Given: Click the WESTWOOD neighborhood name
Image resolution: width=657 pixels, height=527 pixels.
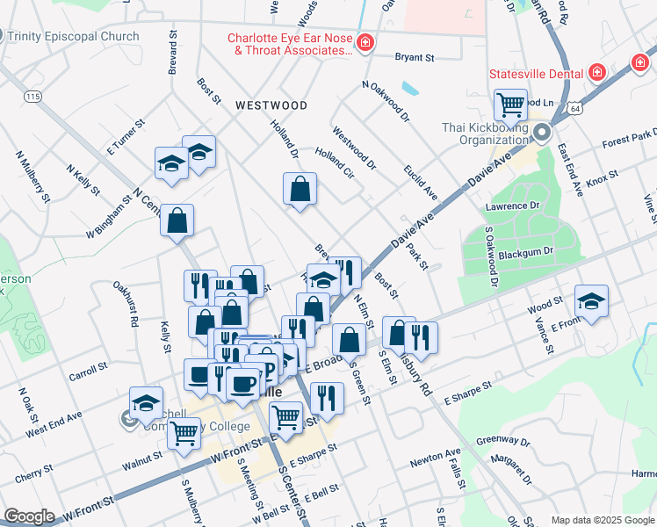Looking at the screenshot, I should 271,105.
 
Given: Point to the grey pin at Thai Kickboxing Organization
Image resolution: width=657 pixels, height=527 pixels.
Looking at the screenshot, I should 542,134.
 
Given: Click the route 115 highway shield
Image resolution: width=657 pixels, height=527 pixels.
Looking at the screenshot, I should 33,96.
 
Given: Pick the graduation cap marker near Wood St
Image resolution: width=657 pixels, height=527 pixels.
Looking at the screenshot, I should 591,301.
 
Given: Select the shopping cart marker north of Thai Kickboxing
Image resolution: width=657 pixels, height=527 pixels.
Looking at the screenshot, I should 510,105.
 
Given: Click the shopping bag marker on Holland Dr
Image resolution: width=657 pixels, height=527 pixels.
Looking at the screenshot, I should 300,188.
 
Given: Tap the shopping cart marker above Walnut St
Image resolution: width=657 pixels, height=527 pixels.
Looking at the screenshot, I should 183,432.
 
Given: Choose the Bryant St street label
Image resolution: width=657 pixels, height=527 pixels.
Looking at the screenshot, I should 415,58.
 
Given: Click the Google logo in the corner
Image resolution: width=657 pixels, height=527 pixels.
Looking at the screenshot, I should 30,516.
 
